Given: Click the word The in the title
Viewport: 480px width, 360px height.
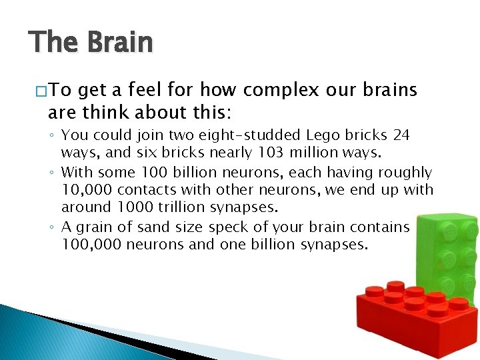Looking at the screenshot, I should tap(53, 43).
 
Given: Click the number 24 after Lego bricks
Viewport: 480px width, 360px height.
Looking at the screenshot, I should tap(401, 135).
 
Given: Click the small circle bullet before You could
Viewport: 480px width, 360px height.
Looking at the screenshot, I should tap(52, 136).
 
